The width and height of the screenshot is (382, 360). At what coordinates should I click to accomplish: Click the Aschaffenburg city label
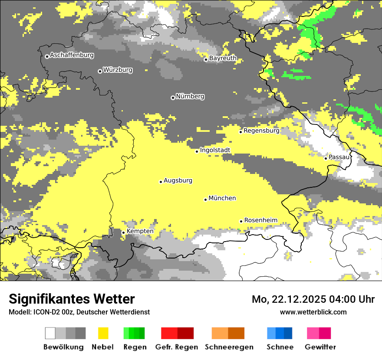click(x=72, y=55)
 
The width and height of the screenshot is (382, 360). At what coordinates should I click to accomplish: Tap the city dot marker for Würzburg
click(x=100, y=71)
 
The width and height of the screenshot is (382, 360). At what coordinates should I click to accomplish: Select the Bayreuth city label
click(x=223, y=58)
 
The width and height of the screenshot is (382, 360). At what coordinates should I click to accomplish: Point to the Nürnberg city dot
click(x=173, y=98)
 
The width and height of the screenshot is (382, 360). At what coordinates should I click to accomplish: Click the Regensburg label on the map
click(x=261, y=131)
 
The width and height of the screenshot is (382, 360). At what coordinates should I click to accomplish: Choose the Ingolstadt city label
click(x=215, y=150)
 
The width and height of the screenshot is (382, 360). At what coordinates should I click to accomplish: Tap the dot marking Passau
click(x=326, y=158)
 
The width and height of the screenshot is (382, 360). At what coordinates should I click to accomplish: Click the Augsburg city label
click(x=178, y=180)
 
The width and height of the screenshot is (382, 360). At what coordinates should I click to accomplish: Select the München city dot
click(x=206, y=200)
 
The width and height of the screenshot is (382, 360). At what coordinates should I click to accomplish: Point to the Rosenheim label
click(x=260, y=220)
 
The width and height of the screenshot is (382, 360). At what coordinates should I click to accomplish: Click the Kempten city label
click(x=140, y=231)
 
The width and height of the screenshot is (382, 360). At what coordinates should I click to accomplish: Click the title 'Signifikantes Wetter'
click(x=72, y=299)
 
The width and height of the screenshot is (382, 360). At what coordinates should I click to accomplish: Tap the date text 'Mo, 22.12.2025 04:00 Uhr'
click(x=313, y=299)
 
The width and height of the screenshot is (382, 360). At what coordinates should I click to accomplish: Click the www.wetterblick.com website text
click(x=313, y=312)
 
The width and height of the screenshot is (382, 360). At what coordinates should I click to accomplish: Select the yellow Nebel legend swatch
click(x=103, y=333)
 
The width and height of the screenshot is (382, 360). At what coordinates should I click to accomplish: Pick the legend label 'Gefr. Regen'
click(x=176, y=347)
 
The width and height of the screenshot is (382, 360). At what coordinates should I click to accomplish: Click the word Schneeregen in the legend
click(x=229, y=347)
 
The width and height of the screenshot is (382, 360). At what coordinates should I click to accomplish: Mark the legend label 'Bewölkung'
click(x=63, y=347)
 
